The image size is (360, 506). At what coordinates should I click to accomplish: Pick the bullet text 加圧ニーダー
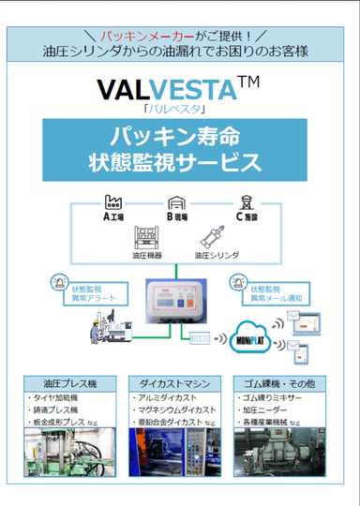pyautogui.click(x=266, y=409)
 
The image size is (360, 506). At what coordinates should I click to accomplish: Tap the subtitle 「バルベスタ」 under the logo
pyautogui.click(x=166, y=109)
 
